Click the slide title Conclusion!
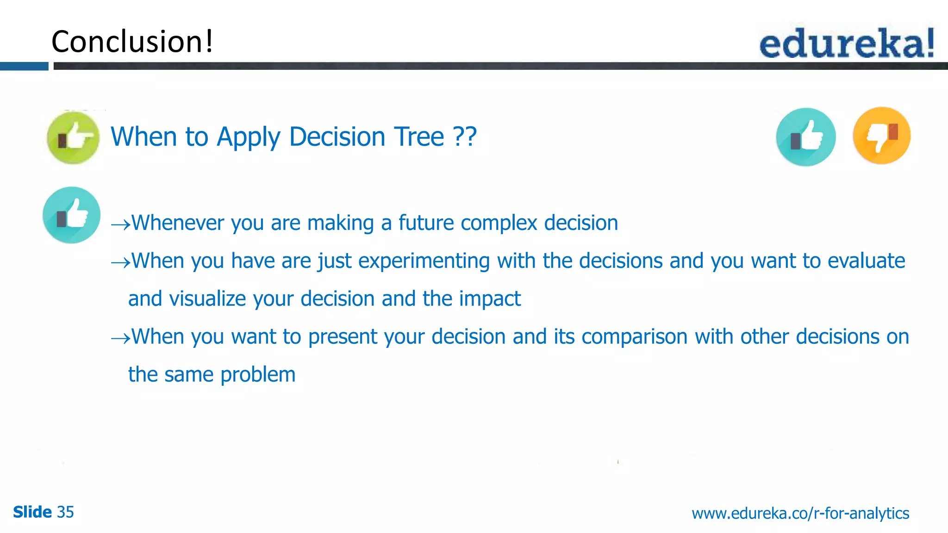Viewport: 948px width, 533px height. [132, 42]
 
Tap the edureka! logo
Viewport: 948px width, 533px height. [847, 43]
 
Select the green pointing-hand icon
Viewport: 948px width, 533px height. [73, 137]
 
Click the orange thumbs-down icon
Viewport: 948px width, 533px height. [882, 136]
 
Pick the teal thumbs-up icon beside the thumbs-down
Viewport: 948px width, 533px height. [806, 137]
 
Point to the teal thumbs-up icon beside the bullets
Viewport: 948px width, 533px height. [72, 215]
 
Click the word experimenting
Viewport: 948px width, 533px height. [424, 261]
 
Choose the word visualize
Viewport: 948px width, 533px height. [208, 299]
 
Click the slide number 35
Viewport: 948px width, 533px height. [65, 512]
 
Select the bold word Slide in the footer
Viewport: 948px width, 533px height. [32, 512]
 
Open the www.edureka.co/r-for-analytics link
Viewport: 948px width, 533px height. [800, 513]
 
